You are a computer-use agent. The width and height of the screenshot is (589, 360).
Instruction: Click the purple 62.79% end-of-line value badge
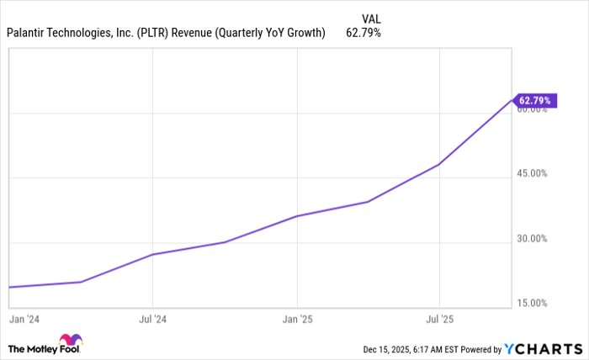click(534, 101)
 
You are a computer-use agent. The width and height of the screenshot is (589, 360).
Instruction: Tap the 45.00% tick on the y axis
click(532, 173)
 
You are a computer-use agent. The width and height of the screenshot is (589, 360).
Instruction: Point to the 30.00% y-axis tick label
click(532, 238)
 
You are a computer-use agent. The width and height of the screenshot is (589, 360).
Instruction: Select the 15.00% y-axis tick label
click(532, 303)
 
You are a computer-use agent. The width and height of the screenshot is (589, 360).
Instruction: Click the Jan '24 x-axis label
click(22, 320)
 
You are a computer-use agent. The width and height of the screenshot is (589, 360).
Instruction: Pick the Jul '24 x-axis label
click(152, 320)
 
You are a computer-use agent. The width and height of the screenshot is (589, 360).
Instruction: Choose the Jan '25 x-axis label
click(297, 320)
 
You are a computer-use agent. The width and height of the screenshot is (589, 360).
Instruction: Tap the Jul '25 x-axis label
click(439, 320)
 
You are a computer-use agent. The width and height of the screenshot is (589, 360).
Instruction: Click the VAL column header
click(370, 18)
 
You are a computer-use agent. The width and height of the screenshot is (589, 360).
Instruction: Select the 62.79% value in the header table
click(363, 34)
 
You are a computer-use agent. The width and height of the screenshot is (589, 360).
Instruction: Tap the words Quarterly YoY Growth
click(273, 34)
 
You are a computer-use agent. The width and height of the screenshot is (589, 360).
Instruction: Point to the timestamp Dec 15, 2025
click(390, 349)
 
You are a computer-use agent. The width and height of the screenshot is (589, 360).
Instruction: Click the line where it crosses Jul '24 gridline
click(152, 254)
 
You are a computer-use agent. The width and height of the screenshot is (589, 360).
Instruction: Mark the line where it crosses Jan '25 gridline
click(297, 216)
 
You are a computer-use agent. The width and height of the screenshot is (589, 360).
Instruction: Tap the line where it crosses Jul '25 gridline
click(439, 164)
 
